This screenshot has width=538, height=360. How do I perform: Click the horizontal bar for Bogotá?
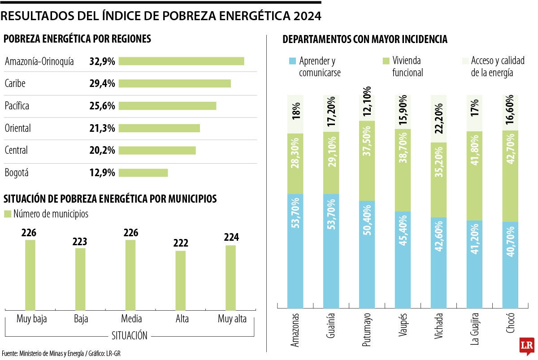[x=143, y=173]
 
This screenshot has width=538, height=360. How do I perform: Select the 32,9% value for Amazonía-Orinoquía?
[x=102, y=61]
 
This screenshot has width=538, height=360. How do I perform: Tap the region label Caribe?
[x=15, y=83]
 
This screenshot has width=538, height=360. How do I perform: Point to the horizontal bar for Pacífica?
[x=167, y=106]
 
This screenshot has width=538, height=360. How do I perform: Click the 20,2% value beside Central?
[x=102, y=150]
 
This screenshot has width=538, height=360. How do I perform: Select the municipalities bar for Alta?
[x=180, y=280]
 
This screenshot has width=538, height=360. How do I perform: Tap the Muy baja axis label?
[x=31, y=319]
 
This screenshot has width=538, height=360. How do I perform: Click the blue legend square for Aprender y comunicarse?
[x=292, y=61]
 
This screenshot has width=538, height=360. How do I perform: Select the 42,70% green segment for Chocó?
[x=511, y=176]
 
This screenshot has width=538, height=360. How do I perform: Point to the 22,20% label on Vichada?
[x=439, y=119]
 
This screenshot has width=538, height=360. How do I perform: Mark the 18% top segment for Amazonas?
[x=295, y=114]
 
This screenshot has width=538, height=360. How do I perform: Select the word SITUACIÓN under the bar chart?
[x=129, y=335]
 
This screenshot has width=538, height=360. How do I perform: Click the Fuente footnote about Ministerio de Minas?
[x=61, y=353]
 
